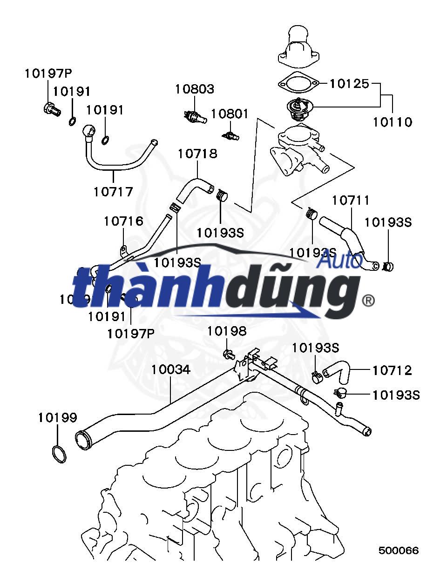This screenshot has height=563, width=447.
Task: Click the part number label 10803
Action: (195, 89)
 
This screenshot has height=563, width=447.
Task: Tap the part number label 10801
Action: (230, 114)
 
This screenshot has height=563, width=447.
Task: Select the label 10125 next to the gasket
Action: (349, 84)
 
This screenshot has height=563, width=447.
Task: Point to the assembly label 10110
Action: (393, 122)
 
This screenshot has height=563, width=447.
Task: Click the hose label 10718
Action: (197, 154)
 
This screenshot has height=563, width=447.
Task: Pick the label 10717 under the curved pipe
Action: (113, 191)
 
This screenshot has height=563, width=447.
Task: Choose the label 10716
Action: (123, 221)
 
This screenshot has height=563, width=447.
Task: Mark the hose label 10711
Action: (351, 200)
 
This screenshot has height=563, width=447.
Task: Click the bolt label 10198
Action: (227, 331)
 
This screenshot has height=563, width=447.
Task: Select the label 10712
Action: (392, 370)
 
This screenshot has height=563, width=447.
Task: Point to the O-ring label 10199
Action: (58, 417)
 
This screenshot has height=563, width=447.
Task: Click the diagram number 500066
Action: (399, 550)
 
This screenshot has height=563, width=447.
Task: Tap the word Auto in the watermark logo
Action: (339, 261)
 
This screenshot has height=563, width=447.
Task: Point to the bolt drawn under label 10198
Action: (228, 355)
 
